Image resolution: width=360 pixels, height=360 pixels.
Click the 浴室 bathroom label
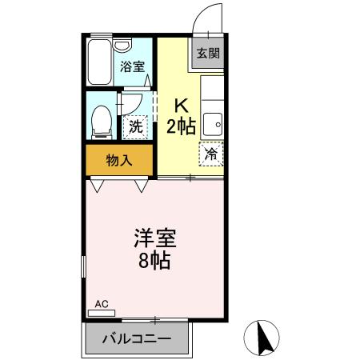[132, 67]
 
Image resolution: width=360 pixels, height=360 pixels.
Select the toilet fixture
[102, 121]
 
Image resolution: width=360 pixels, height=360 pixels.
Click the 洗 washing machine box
[136, 126]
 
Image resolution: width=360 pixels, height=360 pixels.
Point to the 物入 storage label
[119, 160]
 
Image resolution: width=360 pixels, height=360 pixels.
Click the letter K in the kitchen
[181, 105]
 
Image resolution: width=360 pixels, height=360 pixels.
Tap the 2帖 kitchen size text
[181, 126]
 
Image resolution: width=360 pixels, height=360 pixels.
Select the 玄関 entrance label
[207, 54]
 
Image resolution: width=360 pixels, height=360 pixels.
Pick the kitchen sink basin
[213, 123]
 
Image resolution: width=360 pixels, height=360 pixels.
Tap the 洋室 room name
[154, 238]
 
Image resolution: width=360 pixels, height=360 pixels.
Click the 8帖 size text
[154, 261]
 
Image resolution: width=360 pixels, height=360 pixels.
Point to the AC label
[101, 304]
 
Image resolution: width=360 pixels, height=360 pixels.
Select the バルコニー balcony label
[136, 339]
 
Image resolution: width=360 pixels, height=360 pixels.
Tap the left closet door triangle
[97, 186]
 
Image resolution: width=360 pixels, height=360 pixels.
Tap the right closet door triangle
[142, 186]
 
